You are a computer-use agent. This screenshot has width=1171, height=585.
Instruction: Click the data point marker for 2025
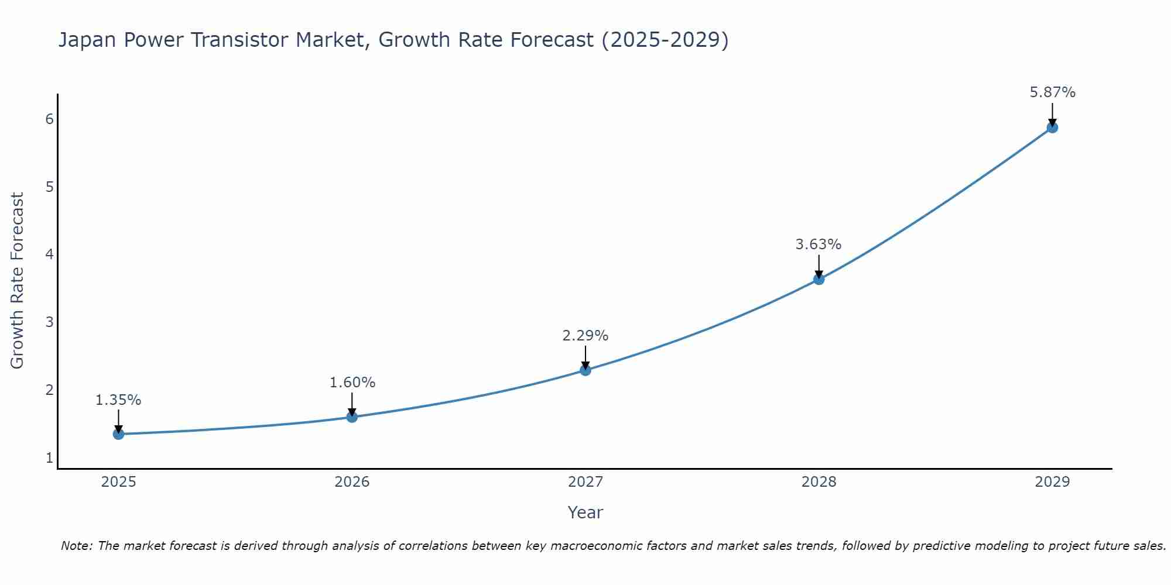click(x=118, y=434)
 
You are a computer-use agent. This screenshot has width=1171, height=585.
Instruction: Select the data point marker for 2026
click(x=352, y=417)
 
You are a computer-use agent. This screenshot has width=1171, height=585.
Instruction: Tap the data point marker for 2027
click(x=585, y=370)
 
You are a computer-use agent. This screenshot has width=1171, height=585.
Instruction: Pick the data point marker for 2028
click(x=819, y=280)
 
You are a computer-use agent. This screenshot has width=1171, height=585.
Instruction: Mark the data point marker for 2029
click(x=1052, y=128)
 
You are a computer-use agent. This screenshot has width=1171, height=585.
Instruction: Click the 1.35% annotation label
click(x=118, y=400)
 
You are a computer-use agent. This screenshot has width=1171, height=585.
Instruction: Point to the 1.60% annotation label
click(x=352, y=383)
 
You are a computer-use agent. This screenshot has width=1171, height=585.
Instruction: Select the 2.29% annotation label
click(x=585, y=336)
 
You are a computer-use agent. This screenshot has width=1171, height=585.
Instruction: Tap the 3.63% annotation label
click(x=819, y=245)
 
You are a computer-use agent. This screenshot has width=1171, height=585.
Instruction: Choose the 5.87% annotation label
click(x=1052, y=92)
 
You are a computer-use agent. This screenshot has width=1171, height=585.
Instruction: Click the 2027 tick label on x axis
click(x=585, y=482)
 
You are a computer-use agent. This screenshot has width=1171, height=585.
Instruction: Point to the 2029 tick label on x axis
click(x=1052, y=482)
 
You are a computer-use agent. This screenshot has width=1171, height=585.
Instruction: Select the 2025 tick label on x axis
click(x=118, y=482)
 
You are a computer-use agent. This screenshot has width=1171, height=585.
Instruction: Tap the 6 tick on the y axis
click(x=49, y=119)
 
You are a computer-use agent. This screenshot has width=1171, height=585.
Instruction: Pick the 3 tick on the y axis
click(x=49, y=322)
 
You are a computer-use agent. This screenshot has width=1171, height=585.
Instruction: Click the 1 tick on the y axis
click(x=49, y=457)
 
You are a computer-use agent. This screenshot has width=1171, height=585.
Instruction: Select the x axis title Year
click(x=585, y=512)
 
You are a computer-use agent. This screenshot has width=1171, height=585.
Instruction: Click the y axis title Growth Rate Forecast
click(x=18, y=281)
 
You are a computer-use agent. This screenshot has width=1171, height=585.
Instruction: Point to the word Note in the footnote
click(x=76, y=546)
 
